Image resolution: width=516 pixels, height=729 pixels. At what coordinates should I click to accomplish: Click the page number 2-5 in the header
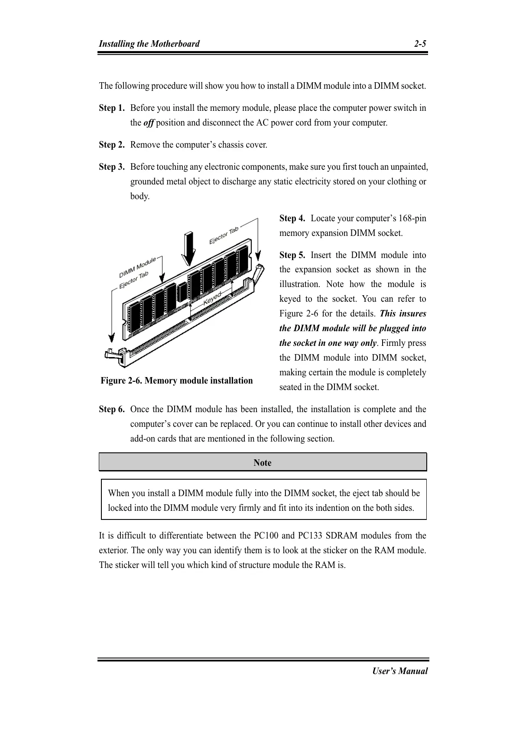[x=419, y=44]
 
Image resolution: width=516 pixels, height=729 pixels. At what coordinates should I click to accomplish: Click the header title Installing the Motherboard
[x=149, y=44]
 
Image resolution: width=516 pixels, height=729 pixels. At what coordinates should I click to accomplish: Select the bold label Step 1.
[x=112, y=108]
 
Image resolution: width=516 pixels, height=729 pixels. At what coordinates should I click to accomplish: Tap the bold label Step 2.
[x=112, y=145]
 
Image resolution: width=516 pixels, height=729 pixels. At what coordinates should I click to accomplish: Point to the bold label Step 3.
[x=112, y=167]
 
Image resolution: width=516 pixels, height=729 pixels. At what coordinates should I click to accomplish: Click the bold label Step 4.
[x=292, y=219]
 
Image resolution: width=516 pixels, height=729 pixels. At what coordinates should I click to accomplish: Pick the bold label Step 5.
[x=292, y=255]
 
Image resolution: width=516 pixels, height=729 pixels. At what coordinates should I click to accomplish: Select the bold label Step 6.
[x=112, y=410]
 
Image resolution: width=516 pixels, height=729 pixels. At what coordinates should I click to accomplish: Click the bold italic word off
[x=148, y=123]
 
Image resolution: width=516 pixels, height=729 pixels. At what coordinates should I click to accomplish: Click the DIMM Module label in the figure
[x=137, y=268]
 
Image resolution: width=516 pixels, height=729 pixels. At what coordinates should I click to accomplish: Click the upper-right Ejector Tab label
[x=224, y=236]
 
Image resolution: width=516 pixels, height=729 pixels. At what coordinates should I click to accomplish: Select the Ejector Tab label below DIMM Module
[x=134, y=280]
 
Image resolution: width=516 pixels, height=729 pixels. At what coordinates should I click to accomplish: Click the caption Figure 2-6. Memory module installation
[x=177, y=381]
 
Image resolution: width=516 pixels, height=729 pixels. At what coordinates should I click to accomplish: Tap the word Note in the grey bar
[x=263, y=463]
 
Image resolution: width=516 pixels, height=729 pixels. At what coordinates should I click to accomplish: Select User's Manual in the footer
[x=400, y=671]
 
